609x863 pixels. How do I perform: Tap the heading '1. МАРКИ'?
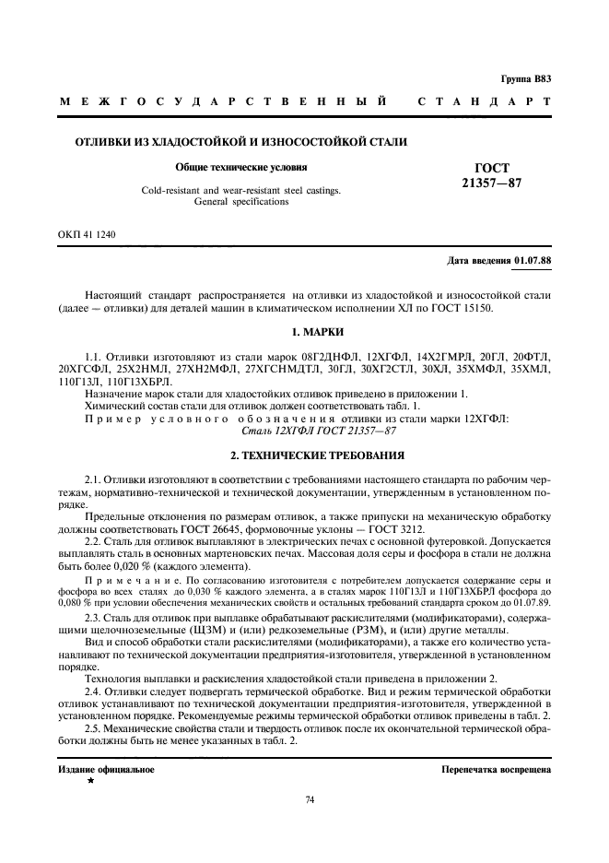pyautogui.click(x=304, y=331)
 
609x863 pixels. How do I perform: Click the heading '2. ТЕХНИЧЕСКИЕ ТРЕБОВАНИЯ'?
pyautogui.click(x=304, y=431)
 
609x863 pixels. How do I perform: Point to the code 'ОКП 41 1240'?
pyautogui.click(x=87, y=235)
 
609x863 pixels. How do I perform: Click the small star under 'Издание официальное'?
pyautogui.click(x=90, y=780)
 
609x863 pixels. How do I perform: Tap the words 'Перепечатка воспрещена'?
pyautogui.click(x=496, y=768)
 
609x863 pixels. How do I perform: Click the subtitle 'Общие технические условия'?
pyautogui.click(x=240, y=168)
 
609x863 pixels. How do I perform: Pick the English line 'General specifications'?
pyautogui.click(x=240, y=201)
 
